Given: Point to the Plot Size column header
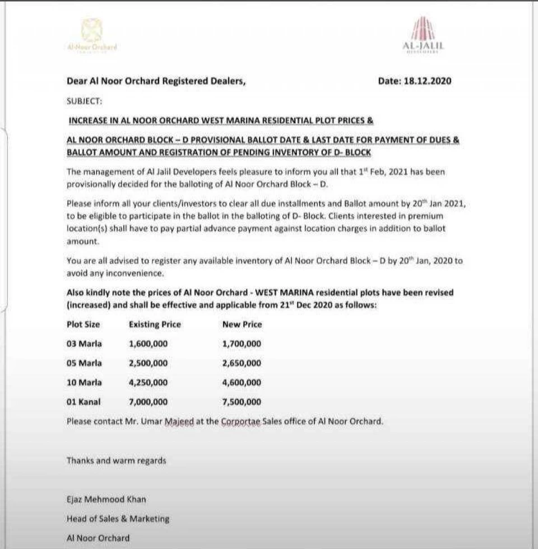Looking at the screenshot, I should tap(84, 324).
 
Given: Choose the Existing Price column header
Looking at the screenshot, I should tap(155, 324).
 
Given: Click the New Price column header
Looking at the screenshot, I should tap(242, 324).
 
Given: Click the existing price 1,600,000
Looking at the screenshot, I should tap(148, 344).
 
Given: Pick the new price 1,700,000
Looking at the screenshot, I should tap(242, 344).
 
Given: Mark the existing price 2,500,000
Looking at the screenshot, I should tap(148, 363).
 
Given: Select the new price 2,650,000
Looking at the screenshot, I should tap(242, 363).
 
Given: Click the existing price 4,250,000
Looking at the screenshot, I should tap(148, 383).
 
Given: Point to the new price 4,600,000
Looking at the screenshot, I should tap(242, 383).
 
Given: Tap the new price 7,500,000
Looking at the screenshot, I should tap(242, 402).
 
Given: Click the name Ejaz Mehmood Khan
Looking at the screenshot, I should tap(106, 499).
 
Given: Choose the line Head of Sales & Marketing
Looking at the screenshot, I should tap(118, 519).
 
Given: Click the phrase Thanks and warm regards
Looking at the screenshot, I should tap(116, 461).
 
